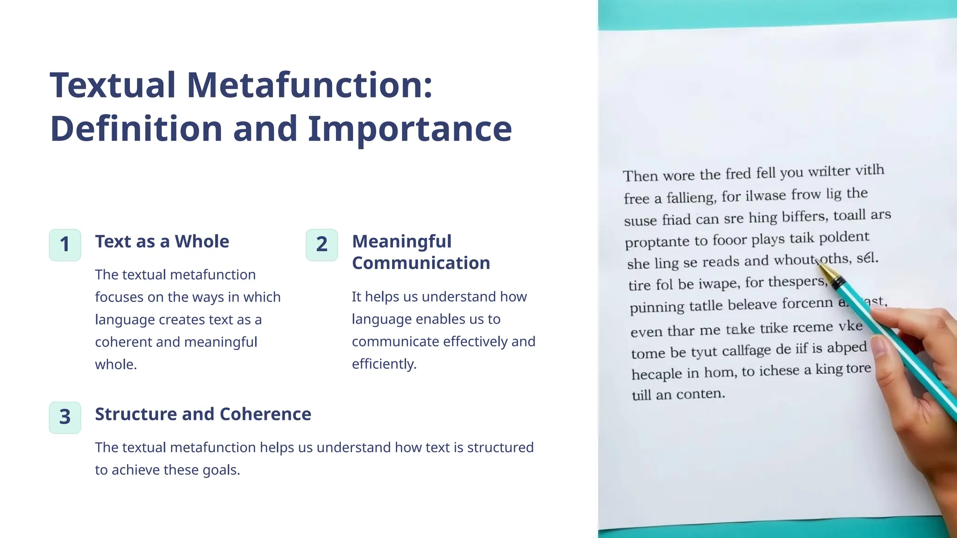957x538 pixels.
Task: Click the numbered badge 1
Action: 65,245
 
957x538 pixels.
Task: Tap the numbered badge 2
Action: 322,245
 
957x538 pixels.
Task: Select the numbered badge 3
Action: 65,418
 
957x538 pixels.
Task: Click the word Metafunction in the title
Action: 310,85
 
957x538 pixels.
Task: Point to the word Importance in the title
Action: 410,129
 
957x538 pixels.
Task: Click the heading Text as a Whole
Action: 162,241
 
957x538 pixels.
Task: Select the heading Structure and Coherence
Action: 203,414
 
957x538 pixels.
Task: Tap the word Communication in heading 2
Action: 421,263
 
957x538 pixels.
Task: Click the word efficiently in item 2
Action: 384,364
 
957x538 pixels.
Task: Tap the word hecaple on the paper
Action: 657,374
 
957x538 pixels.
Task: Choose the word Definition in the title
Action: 136,129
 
